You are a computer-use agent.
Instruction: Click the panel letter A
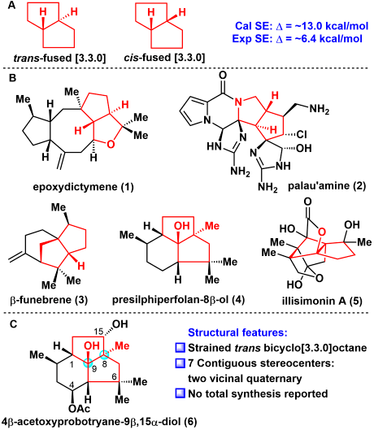12,5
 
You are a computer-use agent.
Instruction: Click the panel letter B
12,78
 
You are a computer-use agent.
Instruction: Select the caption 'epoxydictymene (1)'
84,187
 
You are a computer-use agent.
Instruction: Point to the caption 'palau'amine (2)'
327,186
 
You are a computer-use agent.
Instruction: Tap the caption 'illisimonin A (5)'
323,301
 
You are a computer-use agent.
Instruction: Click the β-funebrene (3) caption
49,300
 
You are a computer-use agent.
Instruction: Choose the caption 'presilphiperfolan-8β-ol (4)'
178,300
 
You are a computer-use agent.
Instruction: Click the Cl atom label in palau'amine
302,134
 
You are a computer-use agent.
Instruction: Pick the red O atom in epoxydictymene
111,144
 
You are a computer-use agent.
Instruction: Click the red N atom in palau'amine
239,102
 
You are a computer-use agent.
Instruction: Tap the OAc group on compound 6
80,409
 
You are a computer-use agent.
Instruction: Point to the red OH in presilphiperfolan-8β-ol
182,226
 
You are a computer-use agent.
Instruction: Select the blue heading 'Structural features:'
237,332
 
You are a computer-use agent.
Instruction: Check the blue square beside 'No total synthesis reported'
180,393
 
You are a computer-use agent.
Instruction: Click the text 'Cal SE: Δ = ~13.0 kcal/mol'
302,26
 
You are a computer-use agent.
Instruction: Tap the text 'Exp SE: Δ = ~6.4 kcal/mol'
298,38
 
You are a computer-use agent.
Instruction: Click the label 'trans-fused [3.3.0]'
59,59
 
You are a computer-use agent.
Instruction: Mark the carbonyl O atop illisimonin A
308,202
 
